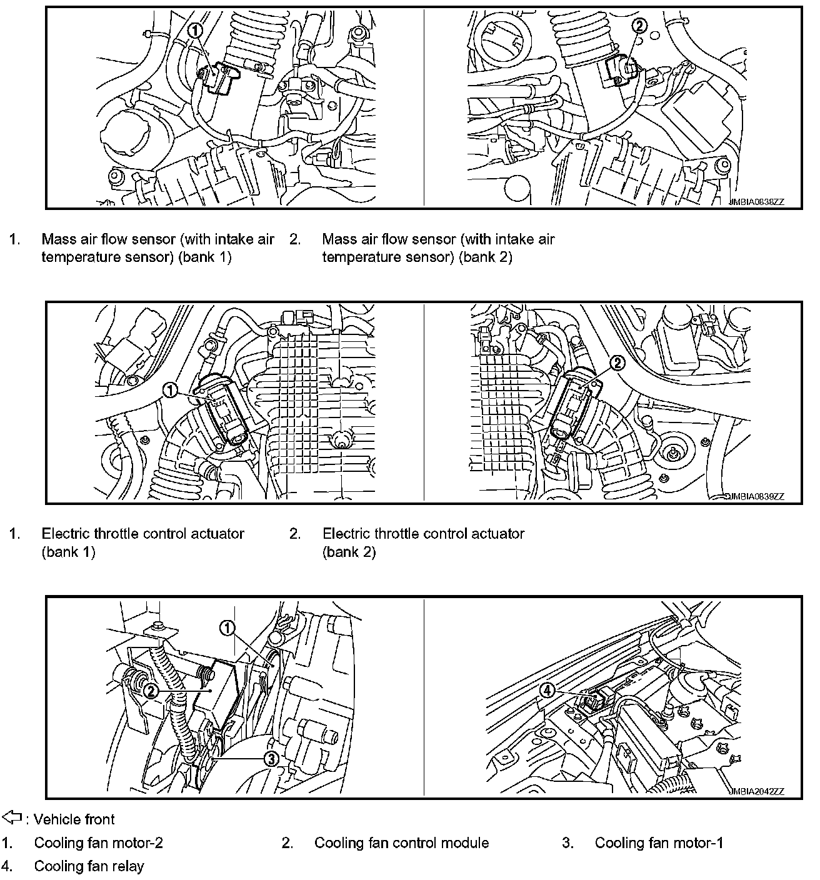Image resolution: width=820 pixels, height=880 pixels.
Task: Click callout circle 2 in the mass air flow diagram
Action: (639, 26)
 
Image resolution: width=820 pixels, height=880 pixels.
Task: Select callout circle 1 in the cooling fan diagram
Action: (227, 627)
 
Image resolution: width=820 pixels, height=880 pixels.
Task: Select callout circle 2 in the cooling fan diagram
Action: (151, 691)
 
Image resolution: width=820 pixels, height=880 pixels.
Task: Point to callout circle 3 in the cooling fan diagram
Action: (271, 759)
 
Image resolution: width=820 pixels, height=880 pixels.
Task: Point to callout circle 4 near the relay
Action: (547, 691)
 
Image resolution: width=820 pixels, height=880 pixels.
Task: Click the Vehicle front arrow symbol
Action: (12, 817)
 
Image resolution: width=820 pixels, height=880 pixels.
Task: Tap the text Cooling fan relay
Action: (89, 866)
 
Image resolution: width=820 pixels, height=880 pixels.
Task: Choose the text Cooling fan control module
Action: (401, 843)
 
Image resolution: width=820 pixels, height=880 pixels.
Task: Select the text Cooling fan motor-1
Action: (659, 843)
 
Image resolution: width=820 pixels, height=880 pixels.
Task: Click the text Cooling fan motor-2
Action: (98, 843)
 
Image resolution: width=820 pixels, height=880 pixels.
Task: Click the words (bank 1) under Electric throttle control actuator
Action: (68, 552)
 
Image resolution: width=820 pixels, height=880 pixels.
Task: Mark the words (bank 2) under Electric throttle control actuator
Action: (349, 552)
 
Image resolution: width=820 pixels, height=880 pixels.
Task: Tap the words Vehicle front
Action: (74, 819)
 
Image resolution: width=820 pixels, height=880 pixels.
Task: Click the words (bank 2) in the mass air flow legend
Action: (485, 257)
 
